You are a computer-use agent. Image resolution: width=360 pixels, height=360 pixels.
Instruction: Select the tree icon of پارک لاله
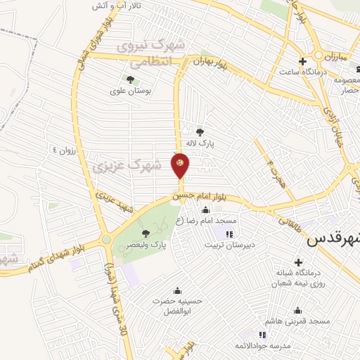click(200, 131)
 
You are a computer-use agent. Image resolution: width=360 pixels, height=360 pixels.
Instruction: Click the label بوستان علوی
click(127, 90)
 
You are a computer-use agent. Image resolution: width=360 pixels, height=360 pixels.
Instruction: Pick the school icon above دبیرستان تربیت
click(229, 233)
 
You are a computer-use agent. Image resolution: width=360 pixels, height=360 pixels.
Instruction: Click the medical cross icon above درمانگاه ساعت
click(303, 60)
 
